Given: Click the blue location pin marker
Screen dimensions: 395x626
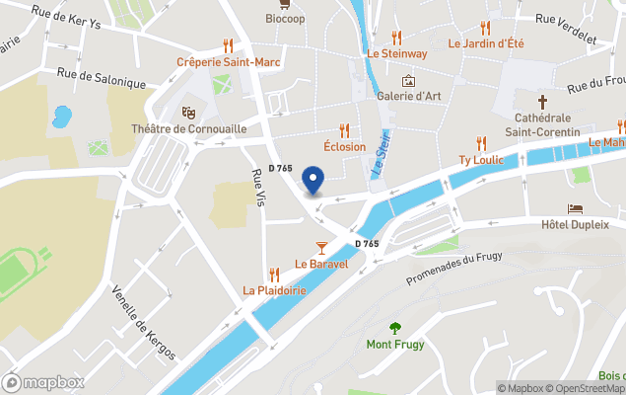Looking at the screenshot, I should (313, 181).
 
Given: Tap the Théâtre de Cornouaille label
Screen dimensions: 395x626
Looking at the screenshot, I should (188, 129).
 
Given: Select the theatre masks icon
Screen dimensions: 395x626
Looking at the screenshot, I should (188, 113).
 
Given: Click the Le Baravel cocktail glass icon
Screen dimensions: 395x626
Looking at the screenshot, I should (320, 246).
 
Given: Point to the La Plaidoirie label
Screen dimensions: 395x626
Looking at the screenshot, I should (274, 290).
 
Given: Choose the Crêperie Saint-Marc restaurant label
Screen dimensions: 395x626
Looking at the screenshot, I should (228, 61).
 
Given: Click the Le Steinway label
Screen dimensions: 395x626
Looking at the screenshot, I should (396, 53).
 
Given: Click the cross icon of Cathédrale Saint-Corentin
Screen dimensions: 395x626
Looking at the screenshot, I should (541, 101).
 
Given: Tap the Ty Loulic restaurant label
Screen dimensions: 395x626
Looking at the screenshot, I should (481, 159).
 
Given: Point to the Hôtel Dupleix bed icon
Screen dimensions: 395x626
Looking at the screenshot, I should (576, 209).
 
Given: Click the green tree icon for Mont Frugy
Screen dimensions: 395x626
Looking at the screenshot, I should (395, 328).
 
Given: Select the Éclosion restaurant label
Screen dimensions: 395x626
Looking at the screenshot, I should (344, 146).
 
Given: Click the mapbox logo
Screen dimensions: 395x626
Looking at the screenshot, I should (43, 382).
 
